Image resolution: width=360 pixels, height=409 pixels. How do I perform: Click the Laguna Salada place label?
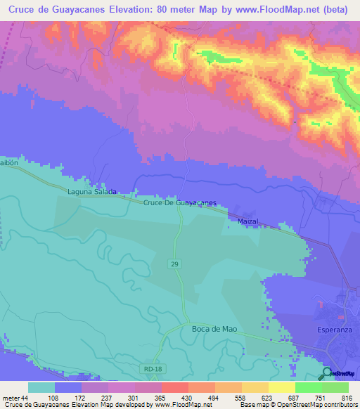91,191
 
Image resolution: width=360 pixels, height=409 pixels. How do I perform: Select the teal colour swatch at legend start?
41,388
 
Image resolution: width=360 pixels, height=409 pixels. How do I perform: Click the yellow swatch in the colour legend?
281,388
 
